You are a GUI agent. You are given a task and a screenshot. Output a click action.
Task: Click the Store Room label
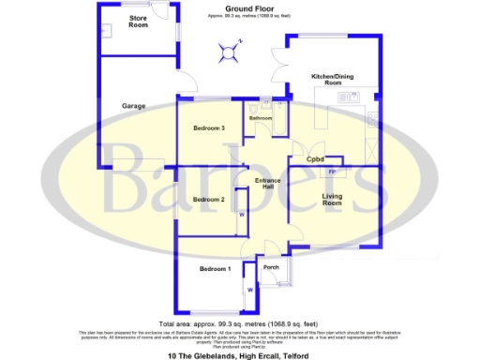pyautogui.click(x=138, y=22)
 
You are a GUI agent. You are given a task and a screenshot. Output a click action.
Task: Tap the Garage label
pyautogui.click(x=133, y=106)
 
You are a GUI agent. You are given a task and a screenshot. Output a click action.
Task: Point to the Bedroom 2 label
pyautogui.click(x=209, y=200)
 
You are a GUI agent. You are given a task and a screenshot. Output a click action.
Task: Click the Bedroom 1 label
pyautogui.click(x=215, y=270)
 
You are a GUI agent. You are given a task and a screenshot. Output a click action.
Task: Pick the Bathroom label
pyautogui.click(x=261, y=119)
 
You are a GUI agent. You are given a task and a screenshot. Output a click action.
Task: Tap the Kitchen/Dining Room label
pyautogui.click(x=332, y=80)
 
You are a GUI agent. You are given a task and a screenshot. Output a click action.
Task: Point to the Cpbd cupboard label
pyautogui.click(x=315, y=159)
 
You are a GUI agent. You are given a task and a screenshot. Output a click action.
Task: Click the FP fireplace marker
pyautogui.click(x=332, y=172)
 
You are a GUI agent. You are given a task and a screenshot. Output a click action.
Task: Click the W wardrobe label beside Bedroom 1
pyautogui.click(x=249, y=290)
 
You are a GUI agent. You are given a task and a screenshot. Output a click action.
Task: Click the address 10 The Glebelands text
pyautogui.click(x=238, y=355)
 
